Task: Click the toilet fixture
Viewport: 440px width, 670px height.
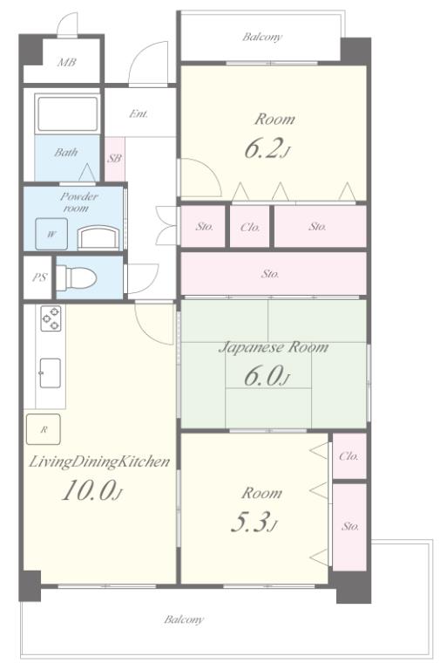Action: coord(76,277)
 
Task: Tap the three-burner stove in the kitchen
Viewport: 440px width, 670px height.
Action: coord(51,318)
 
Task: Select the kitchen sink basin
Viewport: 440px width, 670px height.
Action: coord(50,373)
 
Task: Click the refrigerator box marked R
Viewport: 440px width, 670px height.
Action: coord(43,429)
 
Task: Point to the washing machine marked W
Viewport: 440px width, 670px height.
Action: coord(51,234)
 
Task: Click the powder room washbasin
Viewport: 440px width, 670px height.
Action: coord(98,238)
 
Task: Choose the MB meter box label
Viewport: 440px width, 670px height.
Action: coord(67,63)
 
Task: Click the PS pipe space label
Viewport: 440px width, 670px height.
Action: coord(39,277)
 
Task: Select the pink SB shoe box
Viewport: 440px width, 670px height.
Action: coord(115,159)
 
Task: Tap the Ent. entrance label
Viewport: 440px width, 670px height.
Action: coord(139,114)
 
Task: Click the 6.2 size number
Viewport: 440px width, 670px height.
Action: coord(267,149)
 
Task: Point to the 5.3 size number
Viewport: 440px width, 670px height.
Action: coord(254,523)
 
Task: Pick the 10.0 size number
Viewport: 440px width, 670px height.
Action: coord(91,490)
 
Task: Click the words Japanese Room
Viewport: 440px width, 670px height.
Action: coord(274,346)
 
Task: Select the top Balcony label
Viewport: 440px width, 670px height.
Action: coord(262,37)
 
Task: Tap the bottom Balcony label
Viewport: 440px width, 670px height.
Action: coord(184,619)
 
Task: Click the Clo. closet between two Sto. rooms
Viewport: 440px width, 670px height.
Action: coord(250,227)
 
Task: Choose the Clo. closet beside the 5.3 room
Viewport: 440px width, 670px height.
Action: coord(349,456)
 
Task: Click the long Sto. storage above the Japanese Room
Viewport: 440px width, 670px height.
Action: coord(274,273)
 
